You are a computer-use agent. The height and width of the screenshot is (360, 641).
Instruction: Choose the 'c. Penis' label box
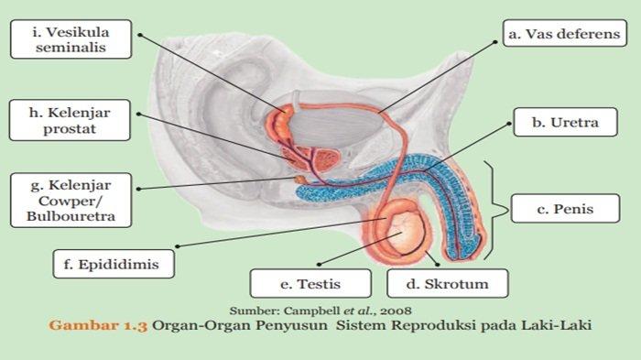pos(565,210)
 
